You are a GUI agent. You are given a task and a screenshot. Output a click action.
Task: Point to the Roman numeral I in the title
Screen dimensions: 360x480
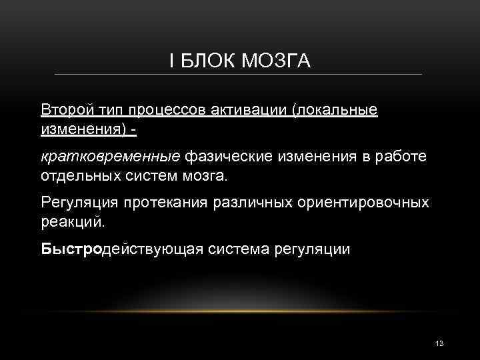[x=172, y=61]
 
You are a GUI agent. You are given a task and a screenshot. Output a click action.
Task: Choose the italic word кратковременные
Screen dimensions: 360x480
[x=111, y=156]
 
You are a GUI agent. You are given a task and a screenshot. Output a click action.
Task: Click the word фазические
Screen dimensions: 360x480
[x=225, y=156]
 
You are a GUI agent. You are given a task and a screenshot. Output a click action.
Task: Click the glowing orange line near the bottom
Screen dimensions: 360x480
[x=240, y=311]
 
